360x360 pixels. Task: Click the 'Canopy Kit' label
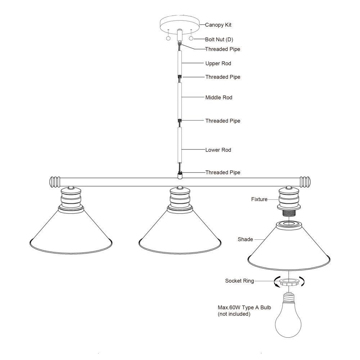[x=218, y=25]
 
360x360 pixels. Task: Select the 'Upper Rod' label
[x=218, y=63]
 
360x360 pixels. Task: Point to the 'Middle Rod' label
[x=219, y=97]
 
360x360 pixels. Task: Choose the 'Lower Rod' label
[x=218, y=150]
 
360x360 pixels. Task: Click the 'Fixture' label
[x=259, y=199]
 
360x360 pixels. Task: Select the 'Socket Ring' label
[x=239, y=281]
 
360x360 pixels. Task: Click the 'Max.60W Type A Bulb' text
[x=244, y=307]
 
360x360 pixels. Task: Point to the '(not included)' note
[x=234, y=314]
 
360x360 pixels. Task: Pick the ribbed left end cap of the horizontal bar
[x=54, y=181]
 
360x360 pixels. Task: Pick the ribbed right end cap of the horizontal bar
[x=306, y=181]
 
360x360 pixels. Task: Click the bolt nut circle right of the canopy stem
[x=191, y=39]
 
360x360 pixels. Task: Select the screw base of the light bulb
[x=288, y=297]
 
